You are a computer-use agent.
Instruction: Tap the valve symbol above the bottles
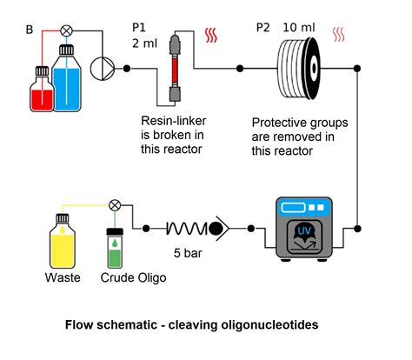click(65, 30)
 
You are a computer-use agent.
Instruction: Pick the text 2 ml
click(143, 44)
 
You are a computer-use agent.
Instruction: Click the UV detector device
click(303, 230)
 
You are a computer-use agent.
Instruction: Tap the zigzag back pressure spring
click(185, 230)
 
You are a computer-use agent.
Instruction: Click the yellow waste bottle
click(62, 243)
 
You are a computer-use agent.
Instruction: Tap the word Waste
click(62, 278)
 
